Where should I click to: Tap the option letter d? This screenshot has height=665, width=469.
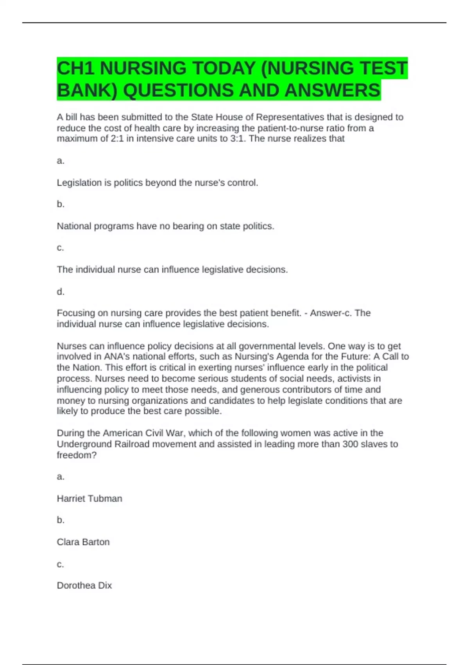coord(61,291)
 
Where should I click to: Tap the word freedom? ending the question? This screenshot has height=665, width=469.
coord(77,455)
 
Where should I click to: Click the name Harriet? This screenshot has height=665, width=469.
coord(70,498)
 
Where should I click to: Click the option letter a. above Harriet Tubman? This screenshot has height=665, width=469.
coord(61,476)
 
